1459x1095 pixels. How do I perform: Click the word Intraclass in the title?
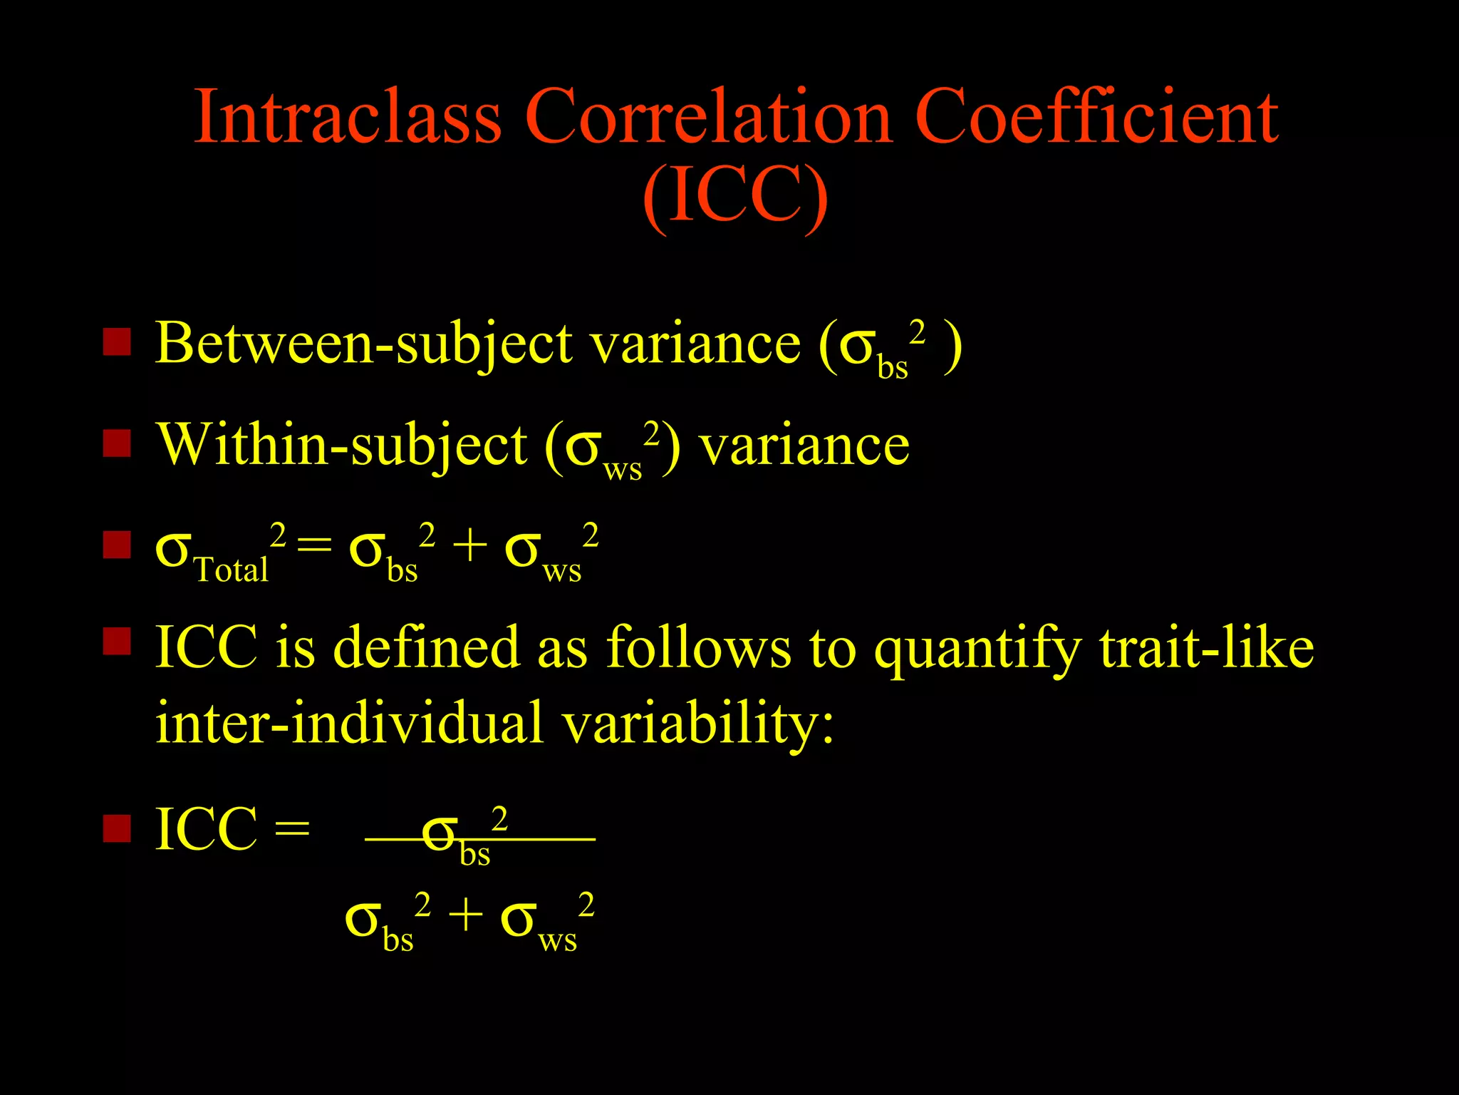(x=348, y=118)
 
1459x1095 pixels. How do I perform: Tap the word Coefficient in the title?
(x=1096, y=118)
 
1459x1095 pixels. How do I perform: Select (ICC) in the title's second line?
(x=734, y=196)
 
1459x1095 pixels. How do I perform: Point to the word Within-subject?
(x=342, y=446)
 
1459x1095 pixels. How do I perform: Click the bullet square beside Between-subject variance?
(x=117, y=341)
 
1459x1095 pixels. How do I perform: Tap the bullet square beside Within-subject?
(x=117, y=443)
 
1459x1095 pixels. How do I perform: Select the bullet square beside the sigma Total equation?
(x=117, y=545)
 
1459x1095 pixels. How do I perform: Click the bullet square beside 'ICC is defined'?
(x=117, y=641)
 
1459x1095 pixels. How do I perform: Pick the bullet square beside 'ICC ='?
(x=117, y=828)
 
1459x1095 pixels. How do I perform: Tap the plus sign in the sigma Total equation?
(x=469, y=547)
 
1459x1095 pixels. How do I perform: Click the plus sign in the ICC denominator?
(x=465, y=916)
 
